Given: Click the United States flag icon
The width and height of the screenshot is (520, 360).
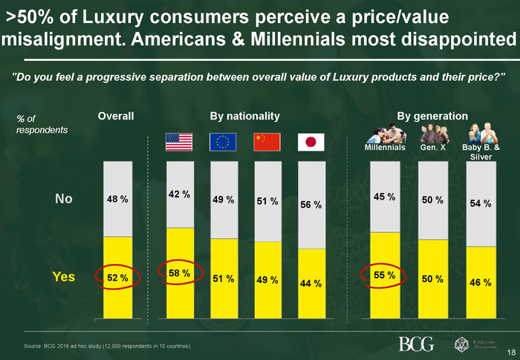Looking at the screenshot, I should point(178,142).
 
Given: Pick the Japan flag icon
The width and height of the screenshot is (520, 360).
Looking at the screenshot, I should point(311,142).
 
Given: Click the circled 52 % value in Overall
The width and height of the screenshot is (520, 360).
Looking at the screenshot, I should point(117,278).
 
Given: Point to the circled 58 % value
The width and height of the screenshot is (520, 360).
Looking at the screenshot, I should point(179,273).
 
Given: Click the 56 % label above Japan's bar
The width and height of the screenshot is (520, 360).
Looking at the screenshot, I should point(311,205).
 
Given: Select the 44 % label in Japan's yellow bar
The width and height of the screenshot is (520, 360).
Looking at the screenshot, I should point(311,283).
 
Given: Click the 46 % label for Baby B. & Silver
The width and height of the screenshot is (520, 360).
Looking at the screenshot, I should point(481,283).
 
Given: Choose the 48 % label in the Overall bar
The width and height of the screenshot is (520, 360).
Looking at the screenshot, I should point(117,199).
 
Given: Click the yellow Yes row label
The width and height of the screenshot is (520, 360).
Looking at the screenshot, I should point(63,277).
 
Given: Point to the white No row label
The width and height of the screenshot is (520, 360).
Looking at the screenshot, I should point(64,198).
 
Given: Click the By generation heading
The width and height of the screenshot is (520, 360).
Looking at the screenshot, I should point(432,117).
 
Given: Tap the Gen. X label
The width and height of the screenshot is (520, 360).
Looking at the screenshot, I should point(432,148).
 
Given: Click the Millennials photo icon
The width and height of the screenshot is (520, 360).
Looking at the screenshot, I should point(385,133).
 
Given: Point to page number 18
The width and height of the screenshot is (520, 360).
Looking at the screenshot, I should point(511,352).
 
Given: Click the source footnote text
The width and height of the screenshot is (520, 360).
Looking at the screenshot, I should point(107,347).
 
